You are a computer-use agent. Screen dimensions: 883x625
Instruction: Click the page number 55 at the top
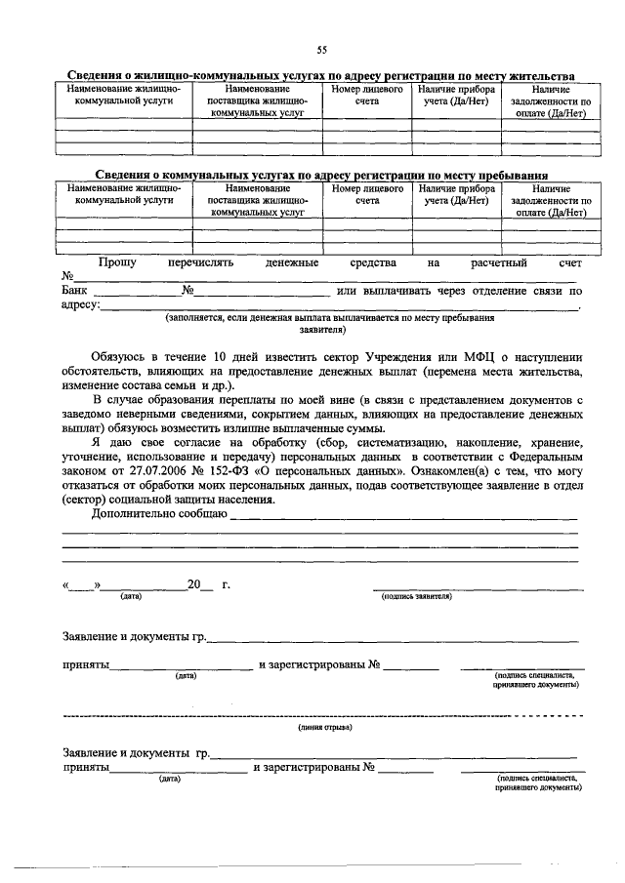click(321, 50)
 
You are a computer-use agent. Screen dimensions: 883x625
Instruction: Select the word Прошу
click(117, 262)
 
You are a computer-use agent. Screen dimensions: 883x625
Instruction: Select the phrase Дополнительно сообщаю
click(158, 512)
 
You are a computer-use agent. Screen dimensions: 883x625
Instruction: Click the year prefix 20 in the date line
click(194, 585)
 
